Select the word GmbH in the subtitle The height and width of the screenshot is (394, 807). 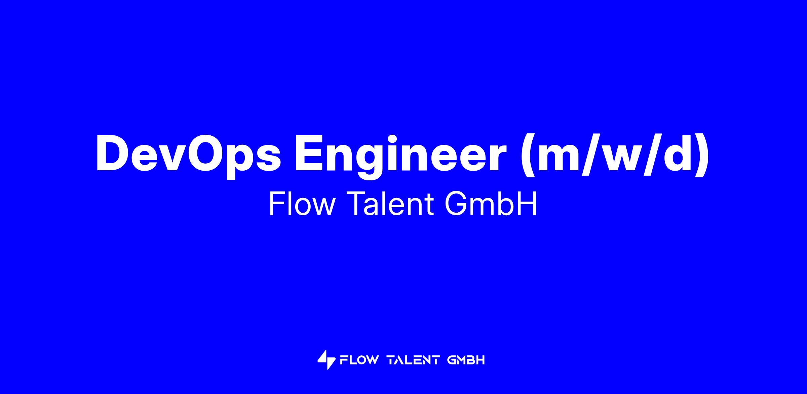pyautogui.click(x=491, y=205)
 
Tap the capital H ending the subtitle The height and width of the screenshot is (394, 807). pyautogui.click(x=528, y=205)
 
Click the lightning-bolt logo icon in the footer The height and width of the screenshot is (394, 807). pyautogui.click(x=326, y=360)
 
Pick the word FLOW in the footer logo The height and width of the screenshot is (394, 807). pyautogui.click(x=359, y=360)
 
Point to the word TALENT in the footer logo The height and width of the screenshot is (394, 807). pyautogui.click(x=413, y=360)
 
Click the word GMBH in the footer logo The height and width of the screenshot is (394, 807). pyautogui.click(x=466, y=360)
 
